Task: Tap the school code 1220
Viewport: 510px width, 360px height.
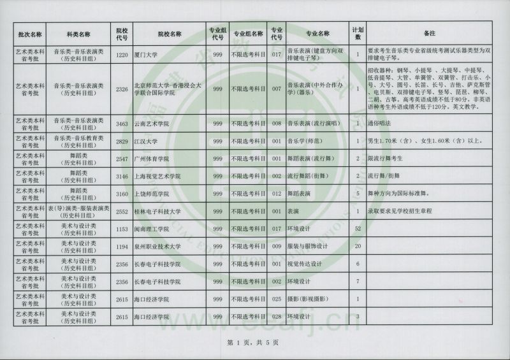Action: click(123, 55)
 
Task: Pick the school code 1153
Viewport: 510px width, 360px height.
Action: click(123, 228)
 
